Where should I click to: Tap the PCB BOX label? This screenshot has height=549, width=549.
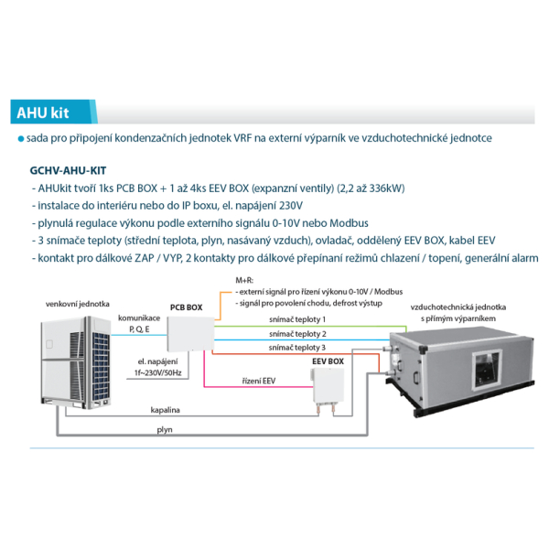tap(186, 308)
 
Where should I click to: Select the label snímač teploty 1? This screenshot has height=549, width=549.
tap(297, 318)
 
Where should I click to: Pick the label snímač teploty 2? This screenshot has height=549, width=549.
tap(297, 334)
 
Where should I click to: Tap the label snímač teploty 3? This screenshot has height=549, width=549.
tap(297, 348)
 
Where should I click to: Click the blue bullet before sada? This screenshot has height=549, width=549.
tap(19, 138)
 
